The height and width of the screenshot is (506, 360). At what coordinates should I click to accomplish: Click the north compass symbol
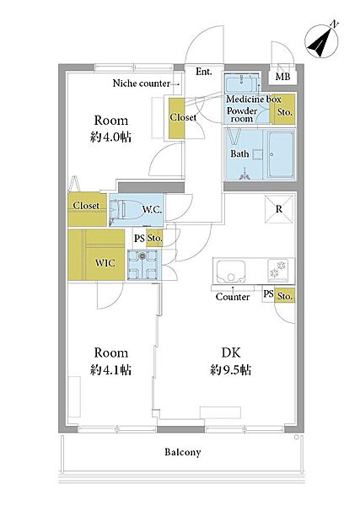(x=322, y=40)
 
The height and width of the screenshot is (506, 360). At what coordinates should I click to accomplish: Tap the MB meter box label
(x=282, y=77)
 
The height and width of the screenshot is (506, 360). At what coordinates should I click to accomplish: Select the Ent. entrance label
(x=203, y=72)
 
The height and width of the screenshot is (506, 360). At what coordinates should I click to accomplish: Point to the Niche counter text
(x=141, y=83)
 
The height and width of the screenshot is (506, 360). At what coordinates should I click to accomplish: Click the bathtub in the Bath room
(x=281, y=154)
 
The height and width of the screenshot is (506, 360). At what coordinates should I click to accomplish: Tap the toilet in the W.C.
(x=118, y=209)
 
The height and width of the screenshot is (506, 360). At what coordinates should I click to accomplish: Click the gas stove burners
(x=277, y=270)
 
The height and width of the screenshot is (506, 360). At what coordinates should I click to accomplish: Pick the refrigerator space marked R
(x=279, y=209)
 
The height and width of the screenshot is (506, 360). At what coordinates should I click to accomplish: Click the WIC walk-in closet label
(x=105, y=263)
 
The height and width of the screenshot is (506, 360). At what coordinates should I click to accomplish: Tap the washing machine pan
(x=142, y=265)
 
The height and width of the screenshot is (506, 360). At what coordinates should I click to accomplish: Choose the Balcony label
(x=183, y=452)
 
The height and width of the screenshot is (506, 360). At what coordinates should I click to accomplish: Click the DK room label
(x=231, y=353)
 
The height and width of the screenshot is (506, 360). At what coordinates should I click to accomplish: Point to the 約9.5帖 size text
(x=231, y=370)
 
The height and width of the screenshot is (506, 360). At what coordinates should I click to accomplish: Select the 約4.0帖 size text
(x=110, y=137)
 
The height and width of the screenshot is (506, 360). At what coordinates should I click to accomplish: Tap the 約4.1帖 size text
(x=110, y=370)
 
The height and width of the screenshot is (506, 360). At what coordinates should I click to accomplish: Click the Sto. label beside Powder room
(x=285, y=112)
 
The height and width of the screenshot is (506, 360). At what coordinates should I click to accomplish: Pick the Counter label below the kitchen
(x=232, y=297)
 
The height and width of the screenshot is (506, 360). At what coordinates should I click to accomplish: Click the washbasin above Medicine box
(x=242, y=84)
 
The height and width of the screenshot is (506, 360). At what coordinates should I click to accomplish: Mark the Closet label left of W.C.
(x=86, y=205)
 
